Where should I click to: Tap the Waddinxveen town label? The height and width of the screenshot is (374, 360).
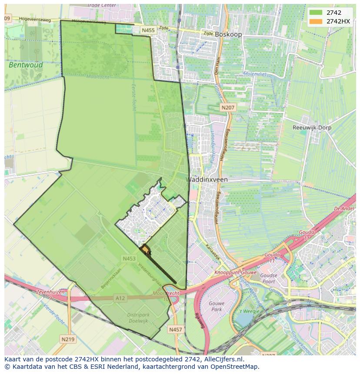207,179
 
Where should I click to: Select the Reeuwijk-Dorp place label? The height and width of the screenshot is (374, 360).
311,128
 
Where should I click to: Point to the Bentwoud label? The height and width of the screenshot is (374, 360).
26,65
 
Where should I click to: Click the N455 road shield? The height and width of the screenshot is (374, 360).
148,30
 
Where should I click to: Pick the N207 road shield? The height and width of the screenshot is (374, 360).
227,107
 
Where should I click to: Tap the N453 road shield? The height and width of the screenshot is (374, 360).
129,258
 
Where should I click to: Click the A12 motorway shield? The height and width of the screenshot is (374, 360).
120,298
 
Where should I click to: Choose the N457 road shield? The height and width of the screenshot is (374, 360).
175,330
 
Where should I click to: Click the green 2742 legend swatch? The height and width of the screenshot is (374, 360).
316,13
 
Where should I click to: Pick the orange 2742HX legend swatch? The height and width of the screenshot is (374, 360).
316,21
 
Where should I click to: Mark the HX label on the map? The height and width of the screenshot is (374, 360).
148,253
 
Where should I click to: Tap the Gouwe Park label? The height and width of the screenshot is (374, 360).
217,306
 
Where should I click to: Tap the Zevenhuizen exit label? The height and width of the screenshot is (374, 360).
51,292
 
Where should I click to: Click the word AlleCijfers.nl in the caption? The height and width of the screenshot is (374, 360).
223,359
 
